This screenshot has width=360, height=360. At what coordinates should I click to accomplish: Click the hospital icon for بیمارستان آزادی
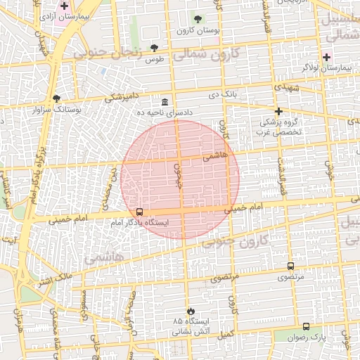tap(64, 6)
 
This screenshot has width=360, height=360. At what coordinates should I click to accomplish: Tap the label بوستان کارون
tap(194, 30)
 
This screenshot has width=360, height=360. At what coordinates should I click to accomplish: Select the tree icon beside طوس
tap(154, 48)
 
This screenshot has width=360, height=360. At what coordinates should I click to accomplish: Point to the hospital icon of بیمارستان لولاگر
tap(326, 56)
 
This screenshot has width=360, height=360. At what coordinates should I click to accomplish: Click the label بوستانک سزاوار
tap(58, 110)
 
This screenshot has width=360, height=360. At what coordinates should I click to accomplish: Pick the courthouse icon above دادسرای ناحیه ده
tap(165, 101)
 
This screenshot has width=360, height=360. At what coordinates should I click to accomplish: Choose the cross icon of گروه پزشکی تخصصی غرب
tap(278, 111)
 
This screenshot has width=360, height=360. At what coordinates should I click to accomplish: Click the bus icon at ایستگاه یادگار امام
tap(139, 212)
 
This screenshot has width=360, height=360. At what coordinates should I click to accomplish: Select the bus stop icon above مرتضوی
tap(290, 266)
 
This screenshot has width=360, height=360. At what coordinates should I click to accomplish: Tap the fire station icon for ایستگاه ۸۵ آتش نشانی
tap(189, 310)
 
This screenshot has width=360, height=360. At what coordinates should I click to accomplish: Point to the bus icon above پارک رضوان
tap(306, 326)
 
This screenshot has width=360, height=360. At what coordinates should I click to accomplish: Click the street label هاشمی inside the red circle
tap(214, 157)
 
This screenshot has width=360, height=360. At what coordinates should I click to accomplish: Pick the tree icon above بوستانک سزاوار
tap(57, 98)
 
